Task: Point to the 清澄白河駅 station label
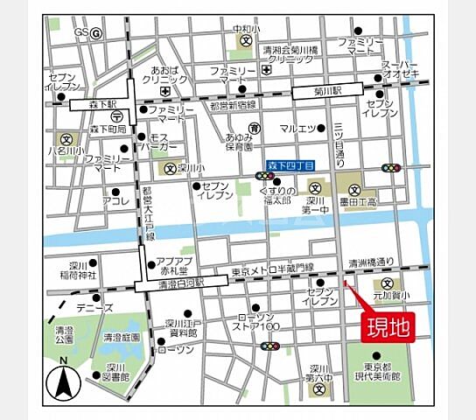point(169,284)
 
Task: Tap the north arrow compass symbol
point(63,382)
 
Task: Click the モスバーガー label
point(164,143)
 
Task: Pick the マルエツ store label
point(297,129)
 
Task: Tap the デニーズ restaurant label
point(94,308)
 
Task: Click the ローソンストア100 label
point(258,322)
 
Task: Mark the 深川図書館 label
point(114,371)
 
